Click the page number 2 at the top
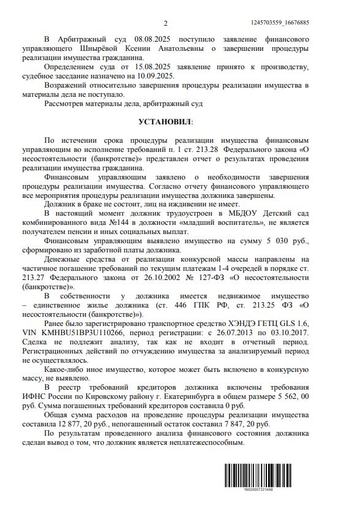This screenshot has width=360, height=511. pyautogui.click(x=166, y=23)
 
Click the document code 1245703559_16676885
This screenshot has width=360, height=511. pyautogui.click(x=280, y=23)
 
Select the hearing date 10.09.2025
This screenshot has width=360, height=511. pyautogui.click(x=156, y=75)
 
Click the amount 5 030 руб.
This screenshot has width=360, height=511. pyautogui.click(x=273, y=241)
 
